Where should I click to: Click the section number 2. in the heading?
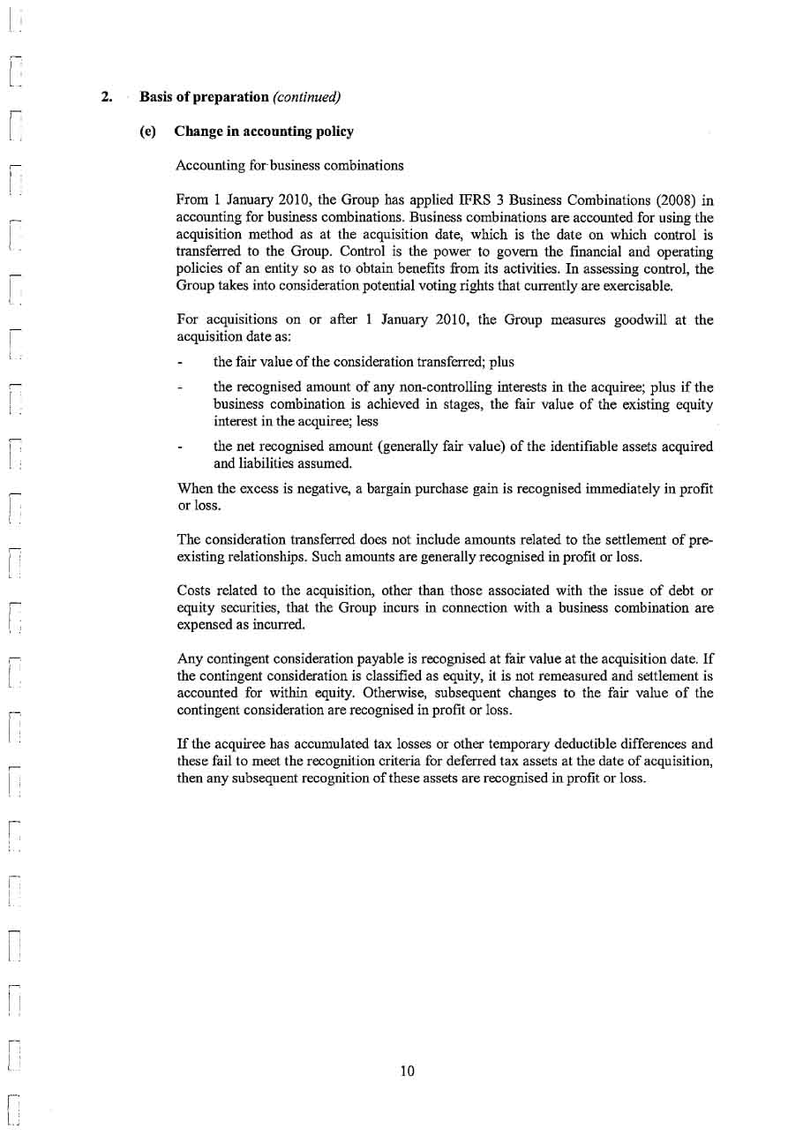(x=106, y=96)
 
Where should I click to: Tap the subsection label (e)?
(x=147, y=132)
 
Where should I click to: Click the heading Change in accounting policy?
(x=264, y=132)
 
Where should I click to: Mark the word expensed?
(x=204, y=624)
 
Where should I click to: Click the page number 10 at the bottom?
(x=407, y=1072)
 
